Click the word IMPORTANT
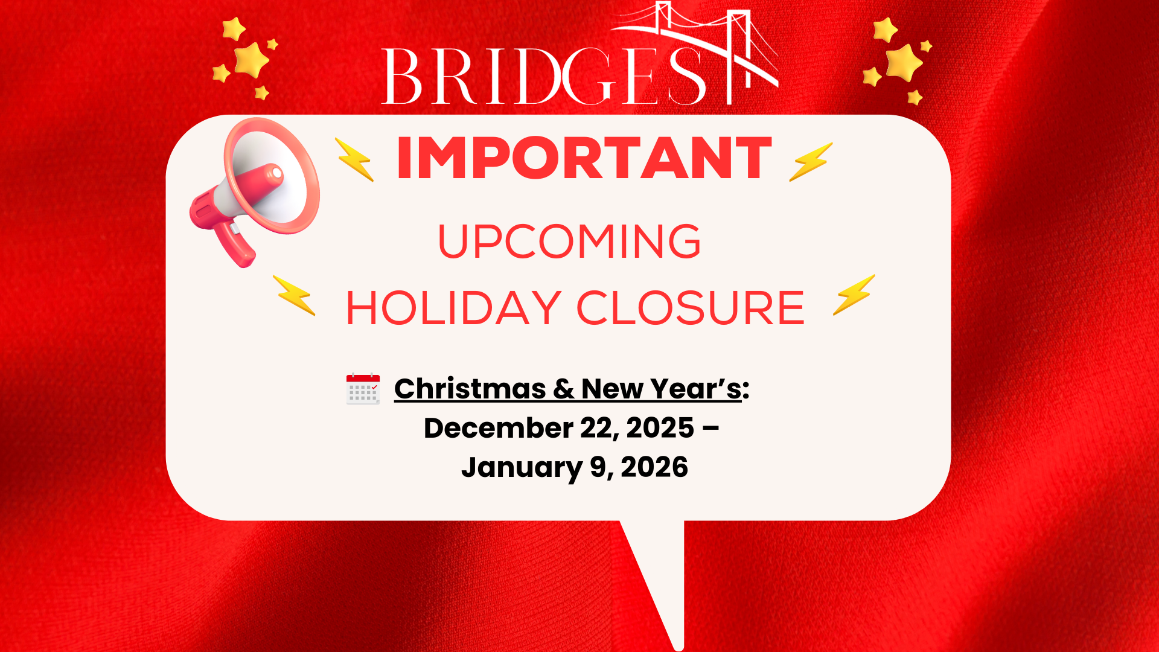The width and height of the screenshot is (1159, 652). (584, 158)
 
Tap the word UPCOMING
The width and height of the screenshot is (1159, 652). (569, 241)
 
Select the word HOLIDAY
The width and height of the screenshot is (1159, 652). (454, 308)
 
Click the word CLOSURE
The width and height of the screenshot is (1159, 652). (691, 308)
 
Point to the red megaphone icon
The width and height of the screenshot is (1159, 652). (255, 192)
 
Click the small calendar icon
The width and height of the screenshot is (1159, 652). (363, 389)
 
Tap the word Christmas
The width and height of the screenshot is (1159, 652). (470, 389)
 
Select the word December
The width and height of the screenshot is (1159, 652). (499, 428)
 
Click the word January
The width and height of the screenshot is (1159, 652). (522, 468)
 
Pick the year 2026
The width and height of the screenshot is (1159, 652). (654, 467)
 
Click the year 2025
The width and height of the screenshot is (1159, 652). (660, 428)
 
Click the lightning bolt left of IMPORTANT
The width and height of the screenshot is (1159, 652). (355, 159)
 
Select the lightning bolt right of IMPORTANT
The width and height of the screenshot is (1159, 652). (811, 161)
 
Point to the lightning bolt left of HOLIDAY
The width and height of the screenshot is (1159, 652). (294, 295)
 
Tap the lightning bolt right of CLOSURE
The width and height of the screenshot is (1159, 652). (854, 295)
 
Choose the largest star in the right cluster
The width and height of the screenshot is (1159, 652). (904, 62)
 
